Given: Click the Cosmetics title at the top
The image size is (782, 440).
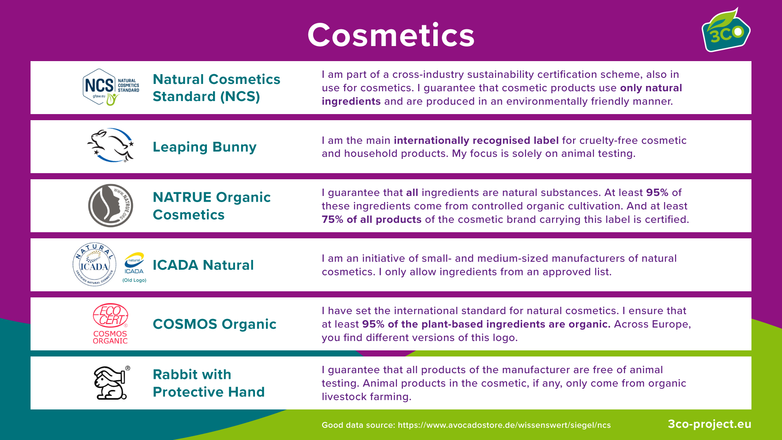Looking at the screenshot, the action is (391, 35).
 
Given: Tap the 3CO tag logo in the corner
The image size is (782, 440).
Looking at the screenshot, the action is (726, 30).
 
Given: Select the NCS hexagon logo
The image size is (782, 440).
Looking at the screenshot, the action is (111, 87).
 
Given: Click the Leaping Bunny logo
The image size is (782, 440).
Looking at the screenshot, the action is (110, 145).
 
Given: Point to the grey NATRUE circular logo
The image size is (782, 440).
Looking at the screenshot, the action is (111, 205).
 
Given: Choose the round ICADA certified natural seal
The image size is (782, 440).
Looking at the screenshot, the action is (94, 264).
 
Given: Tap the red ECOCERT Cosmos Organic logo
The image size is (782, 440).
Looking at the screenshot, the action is (110, 323).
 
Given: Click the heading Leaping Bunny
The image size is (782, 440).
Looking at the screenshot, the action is (204, 147).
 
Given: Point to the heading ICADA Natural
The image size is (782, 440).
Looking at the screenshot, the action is (203, 265).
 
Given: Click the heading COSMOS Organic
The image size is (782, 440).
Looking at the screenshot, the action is (215, 324).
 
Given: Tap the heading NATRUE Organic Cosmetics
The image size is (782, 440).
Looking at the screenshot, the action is (212, 206).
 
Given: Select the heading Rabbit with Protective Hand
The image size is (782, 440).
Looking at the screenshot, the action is (209, 383).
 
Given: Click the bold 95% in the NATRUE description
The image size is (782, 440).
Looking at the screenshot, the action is (657, 193).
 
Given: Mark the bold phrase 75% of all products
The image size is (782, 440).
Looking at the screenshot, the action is (371, 220).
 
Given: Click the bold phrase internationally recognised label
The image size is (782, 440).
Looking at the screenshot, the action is (476, 141).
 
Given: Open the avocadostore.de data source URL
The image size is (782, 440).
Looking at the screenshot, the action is (504, 425).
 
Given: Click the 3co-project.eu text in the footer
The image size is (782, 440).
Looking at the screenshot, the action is (710, 424).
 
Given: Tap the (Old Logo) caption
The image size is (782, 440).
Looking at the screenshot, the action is (134, 280).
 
